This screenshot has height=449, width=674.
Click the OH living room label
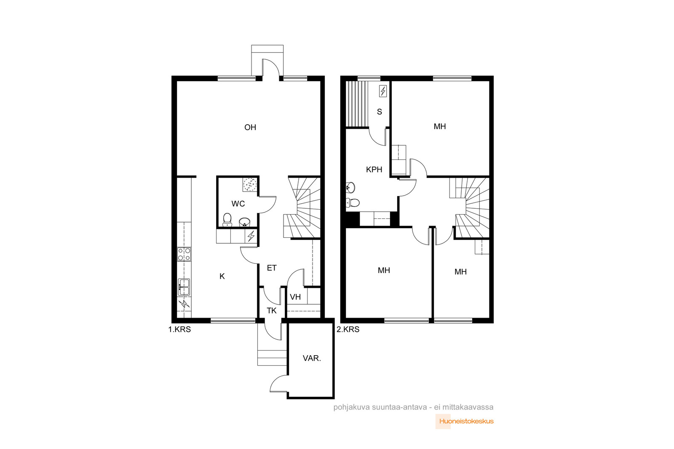coord(250,128)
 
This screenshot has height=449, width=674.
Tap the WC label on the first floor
coord(238,204)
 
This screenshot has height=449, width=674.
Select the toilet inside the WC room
coord(227,220)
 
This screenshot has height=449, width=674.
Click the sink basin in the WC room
coord(245,222)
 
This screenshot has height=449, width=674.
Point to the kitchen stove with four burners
coord(184,254)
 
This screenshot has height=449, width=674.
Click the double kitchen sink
coord(184,287)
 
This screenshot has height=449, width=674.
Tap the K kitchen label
coord(222,276)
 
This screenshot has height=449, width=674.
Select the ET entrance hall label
coord(272,268)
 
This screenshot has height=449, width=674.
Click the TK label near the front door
coord(271,311)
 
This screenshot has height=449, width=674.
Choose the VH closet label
coord(295,297)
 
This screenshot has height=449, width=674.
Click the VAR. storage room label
coord(312,358)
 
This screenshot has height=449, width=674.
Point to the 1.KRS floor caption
coord(179,329)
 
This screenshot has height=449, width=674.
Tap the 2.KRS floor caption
coord(348,329)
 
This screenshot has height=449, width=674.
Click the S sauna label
coord(380,112)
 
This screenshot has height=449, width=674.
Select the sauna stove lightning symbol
coord(383,91)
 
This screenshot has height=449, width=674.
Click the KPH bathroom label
coord(374,170)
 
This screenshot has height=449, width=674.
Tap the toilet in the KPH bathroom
coord(353,202)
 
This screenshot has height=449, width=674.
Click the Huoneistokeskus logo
coord(465,421)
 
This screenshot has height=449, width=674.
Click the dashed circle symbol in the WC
coord(250,184)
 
